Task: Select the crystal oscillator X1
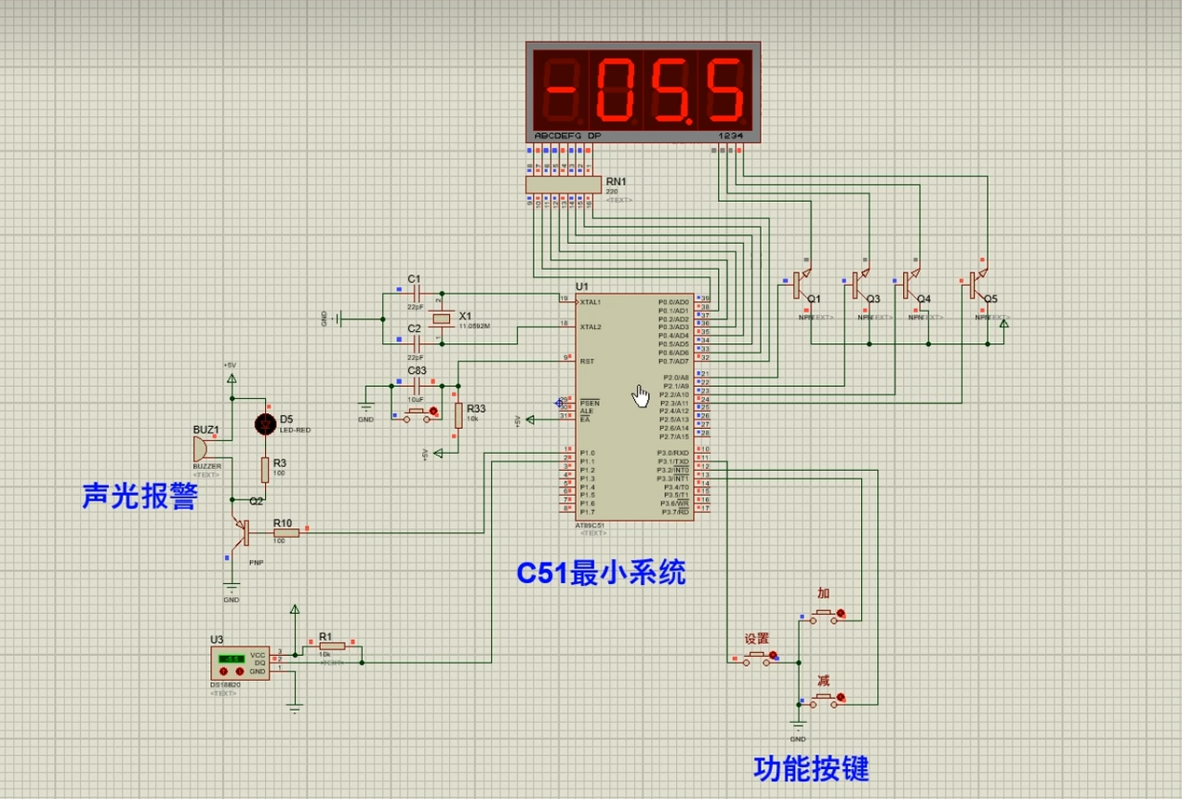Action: tap(444, 319)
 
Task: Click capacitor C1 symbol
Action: tap(416, 293)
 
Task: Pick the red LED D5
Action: tap(265, 424)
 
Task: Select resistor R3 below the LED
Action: tap(265, 470)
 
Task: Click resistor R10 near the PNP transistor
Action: tap(284, 533)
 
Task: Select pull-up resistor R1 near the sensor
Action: tap(332, 646)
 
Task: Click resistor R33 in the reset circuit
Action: tap(458, 415)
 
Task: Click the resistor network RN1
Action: tap(562, 186)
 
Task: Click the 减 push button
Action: tap(822, 699)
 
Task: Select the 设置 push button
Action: tap(757, 657)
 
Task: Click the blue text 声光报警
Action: tap(139, 496)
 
